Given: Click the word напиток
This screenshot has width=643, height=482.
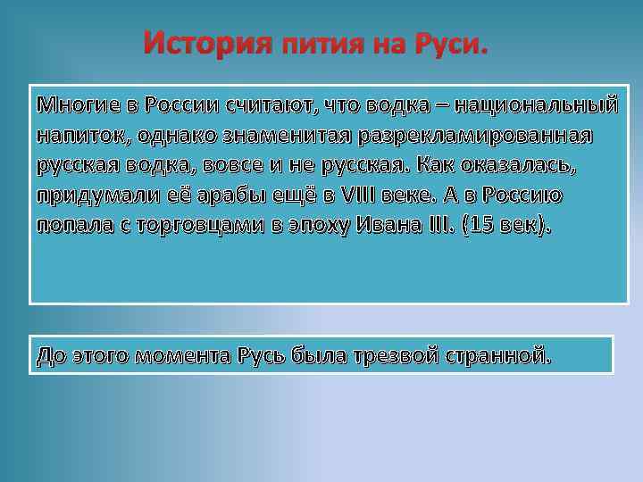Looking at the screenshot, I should tap(75, 137).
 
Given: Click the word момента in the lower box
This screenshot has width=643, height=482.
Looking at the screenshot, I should tap(180, 357).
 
